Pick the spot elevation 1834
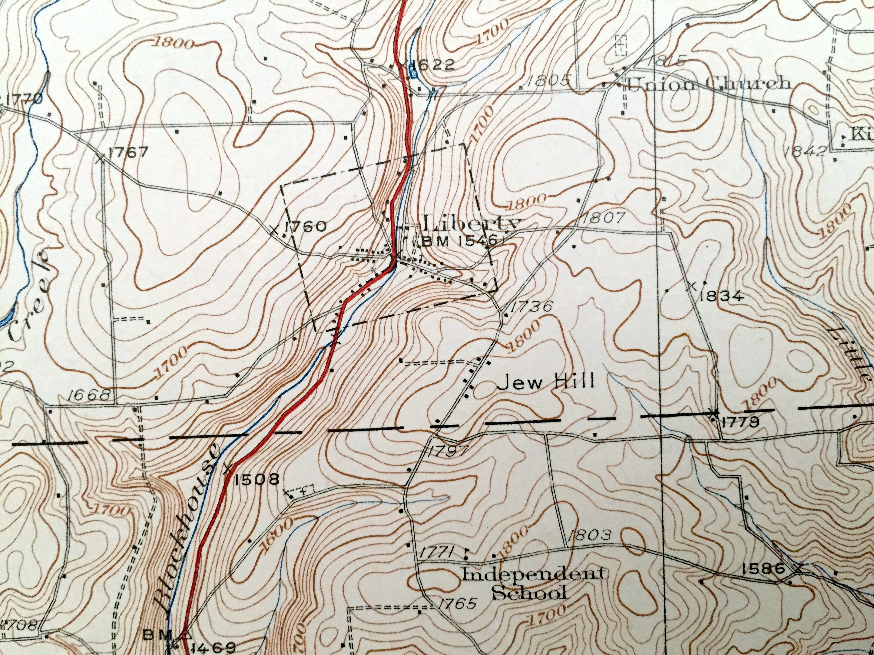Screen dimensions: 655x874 tap(721, 297)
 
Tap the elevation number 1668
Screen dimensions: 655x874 tap(88, 395)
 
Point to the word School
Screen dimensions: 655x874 tap(529, 593)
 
